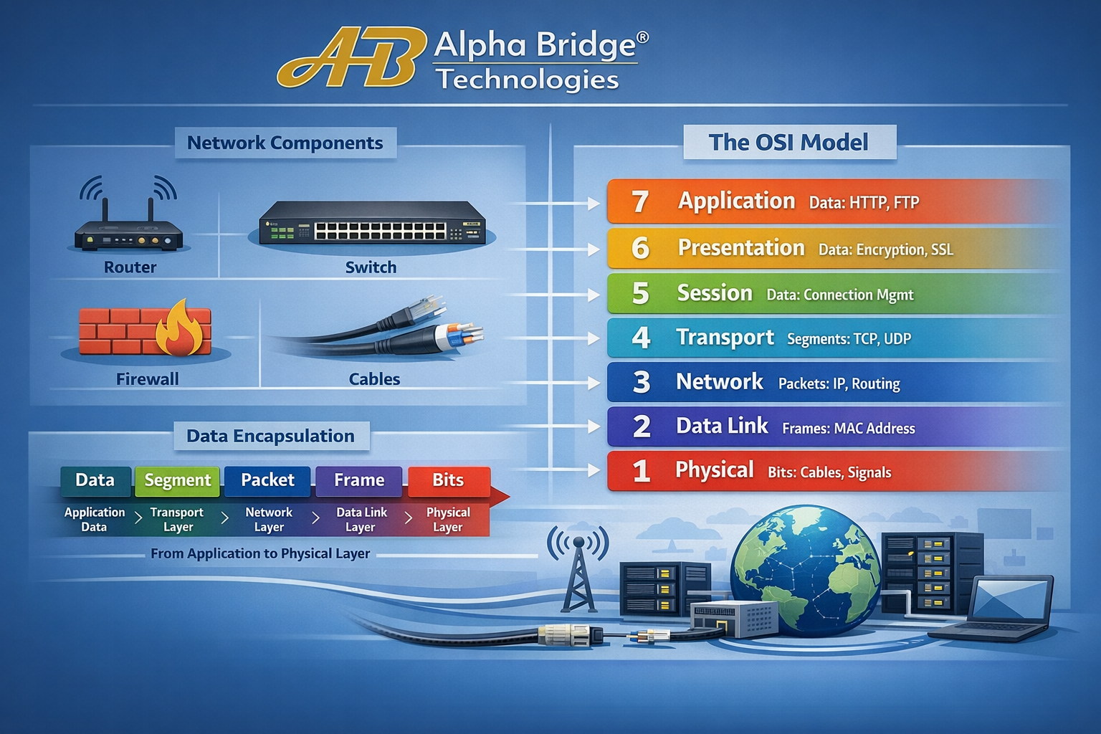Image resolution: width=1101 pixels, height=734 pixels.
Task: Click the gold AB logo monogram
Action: click(x=348, y=59)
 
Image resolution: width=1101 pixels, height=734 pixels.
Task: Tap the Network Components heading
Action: click(x=285, y=143)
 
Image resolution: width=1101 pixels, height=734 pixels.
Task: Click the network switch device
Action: click(x=371, y=224)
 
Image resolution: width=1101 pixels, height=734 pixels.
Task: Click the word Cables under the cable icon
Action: click(x=374, y=379)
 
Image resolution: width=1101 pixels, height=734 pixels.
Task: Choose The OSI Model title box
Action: click(x=788, y=142)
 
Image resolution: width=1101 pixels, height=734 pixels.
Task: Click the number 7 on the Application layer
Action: click(x=640, y=202)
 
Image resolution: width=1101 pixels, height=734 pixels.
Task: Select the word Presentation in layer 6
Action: click(x=741, y=248)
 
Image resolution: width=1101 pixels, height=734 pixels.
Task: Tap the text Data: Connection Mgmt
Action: click(x=840, y=295)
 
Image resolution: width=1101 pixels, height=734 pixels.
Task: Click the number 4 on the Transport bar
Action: click(x=641, y=338)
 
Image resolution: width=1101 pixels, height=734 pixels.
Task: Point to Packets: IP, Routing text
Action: click(x=839, y=383)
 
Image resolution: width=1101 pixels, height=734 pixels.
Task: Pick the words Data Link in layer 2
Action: click(x=722, y=426)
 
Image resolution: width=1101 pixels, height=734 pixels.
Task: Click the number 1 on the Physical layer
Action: click(x=641, y=471)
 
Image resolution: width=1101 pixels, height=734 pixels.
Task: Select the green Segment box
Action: click(x=178, y=480)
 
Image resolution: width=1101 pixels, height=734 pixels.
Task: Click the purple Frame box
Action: click(x=358, y=480)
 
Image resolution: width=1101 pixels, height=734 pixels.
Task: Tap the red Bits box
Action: click(x=448, y=480)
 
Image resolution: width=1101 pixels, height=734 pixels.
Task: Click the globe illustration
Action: click(x=806, y=570)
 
